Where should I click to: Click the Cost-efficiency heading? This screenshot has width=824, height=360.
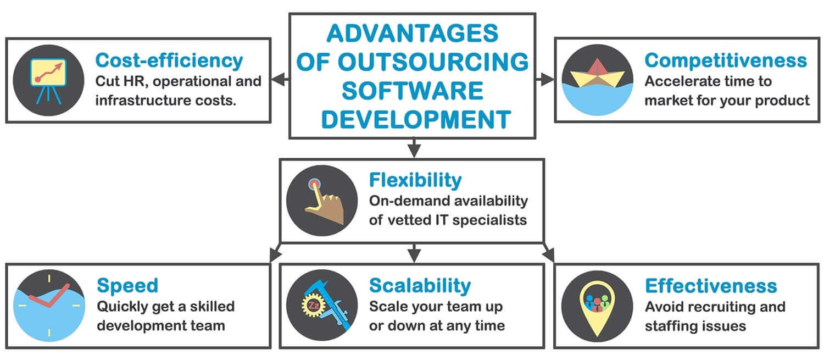point(169,60)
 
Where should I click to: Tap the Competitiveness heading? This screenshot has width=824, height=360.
point(726,60)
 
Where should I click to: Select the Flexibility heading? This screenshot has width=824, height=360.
point(415,180)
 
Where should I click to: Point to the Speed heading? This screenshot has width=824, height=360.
point(127,286)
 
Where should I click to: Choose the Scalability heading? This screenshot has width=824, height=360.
point(420,286)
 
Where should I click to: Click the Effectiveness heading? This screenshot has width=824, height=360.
point(711,286)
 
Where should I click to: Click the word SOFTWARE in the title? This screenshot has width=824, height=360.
point(413,91)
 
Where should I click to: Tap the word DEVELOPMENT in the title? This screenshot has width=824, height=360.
point(416,120)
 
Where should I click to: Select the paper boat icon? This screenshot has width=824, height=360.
point(598,73)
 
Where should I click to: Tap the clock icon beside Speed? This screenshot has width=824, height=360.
point(49,306)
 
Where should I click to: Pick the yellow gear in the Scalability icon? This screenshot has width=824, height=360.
point(313,305)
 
